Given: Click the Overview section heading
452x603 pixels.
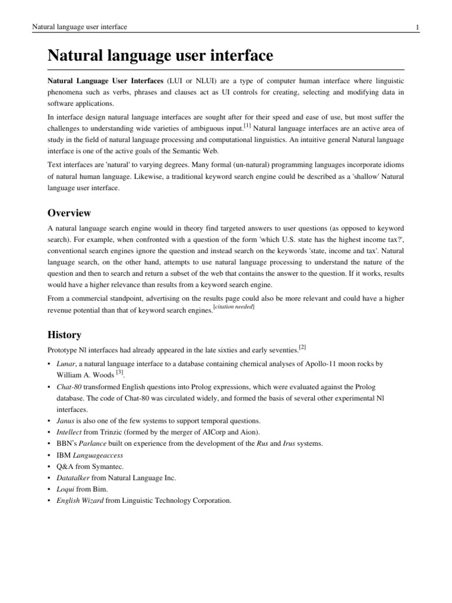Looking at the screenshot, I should pos(69,213).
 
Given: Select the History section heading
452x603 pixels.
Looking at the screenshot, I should pos(64,334).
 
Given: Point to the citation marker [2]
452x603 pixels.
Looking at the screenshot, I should pos(302,347).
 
